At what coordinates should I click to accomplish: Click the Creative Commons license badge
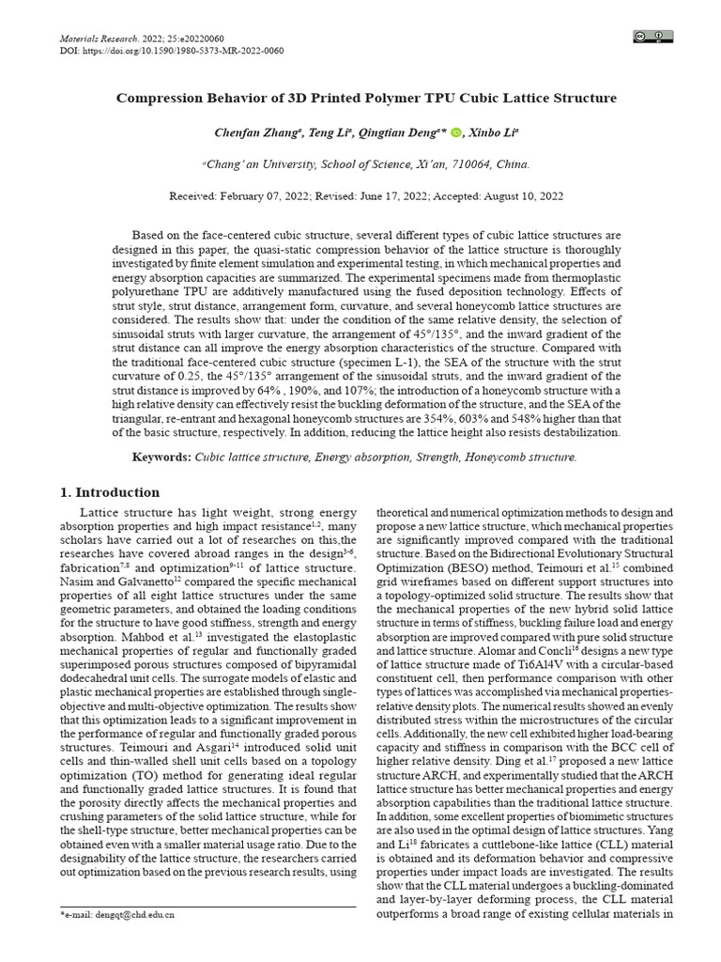pos(652,37)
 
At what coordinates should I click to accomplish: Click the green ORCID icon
pos(457,132)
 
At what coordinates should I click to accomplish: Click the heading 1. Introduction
pos(110,492)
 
